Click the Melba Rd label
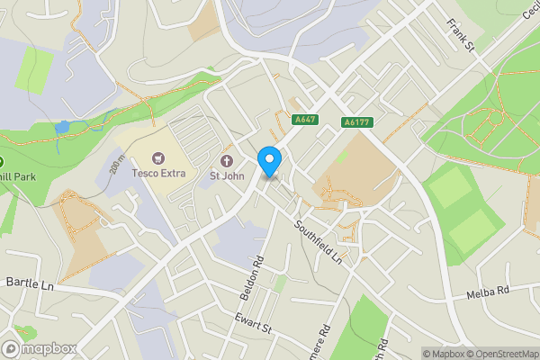[x=488, y=292]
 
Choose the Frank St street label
[x=460, y=37]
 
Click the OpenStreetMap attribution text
[x=495, y=354]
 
